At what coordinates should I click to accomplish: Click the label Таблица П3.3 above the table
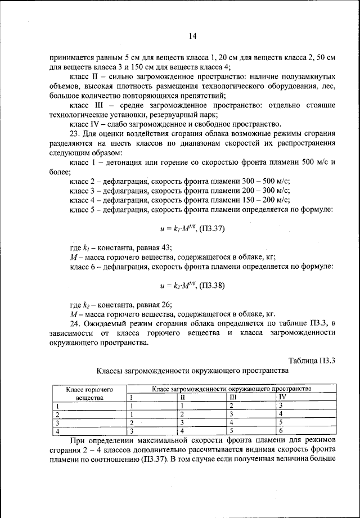(x=312, y=361)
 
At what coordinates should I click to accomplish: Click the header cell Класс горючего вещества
(x=87, y=393)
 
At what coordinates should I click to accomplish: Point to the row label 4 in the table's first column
(x=56, y=430)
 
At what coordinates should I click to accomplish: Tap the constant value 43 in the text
(x=167, y=247)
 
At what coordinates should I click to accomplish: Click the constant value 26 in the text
(x=167, y=304)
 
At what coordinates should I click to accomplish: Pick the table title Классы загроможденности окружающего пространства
(x=192, y=371)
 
